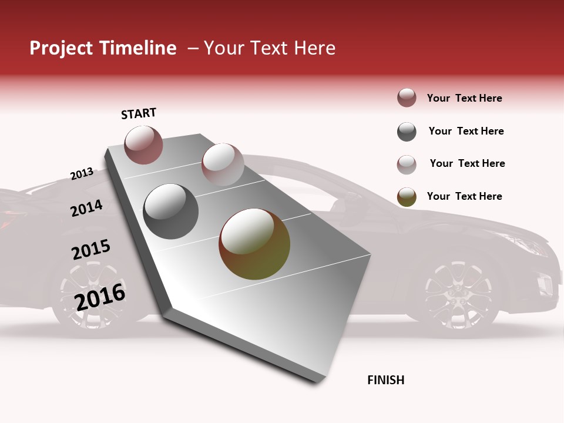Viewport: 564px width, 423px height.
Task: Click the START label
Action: (x=139, y=113)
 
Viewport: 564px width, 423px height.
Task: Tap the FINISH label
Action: (x=385, y=380)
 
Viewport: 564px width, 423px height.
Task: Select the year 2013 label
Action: (x=82, y=173)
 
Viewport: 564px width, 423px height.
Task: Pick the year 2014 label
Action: (x=86, y=208)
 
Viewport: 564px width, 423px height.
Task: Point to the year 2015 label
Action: (x=91, y=250)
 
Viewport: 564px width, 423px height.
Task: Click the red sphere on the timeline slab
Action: (x=144, y=145)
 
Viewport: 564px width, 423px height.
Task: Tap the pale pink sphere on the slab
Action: (x=223, y=164)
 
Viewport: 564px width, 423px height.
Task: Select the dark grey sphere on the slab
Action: (x=171, y=211)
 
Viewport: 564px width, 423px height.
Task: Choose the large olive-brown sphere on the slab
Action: (x=254, y=244)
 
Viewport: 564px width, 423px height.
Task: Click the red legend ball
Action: (x=407, y=98)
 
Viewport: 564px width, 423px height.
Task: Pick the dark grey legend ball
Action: (x=407, y=132)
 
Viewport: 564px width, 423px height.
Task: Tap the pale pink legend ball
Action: (x=407, y=164)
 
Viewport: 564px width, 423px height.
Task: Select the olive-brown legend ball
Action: (x=407, y=197)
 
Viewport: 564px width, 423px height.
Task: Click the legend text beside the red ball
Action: (x=464, y=98)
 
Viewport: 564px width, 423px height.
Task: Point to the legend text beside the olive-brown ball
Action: (x=464, y=196)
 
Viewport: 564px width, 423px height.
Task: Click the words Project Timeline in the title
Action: (x=103, y=48)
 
